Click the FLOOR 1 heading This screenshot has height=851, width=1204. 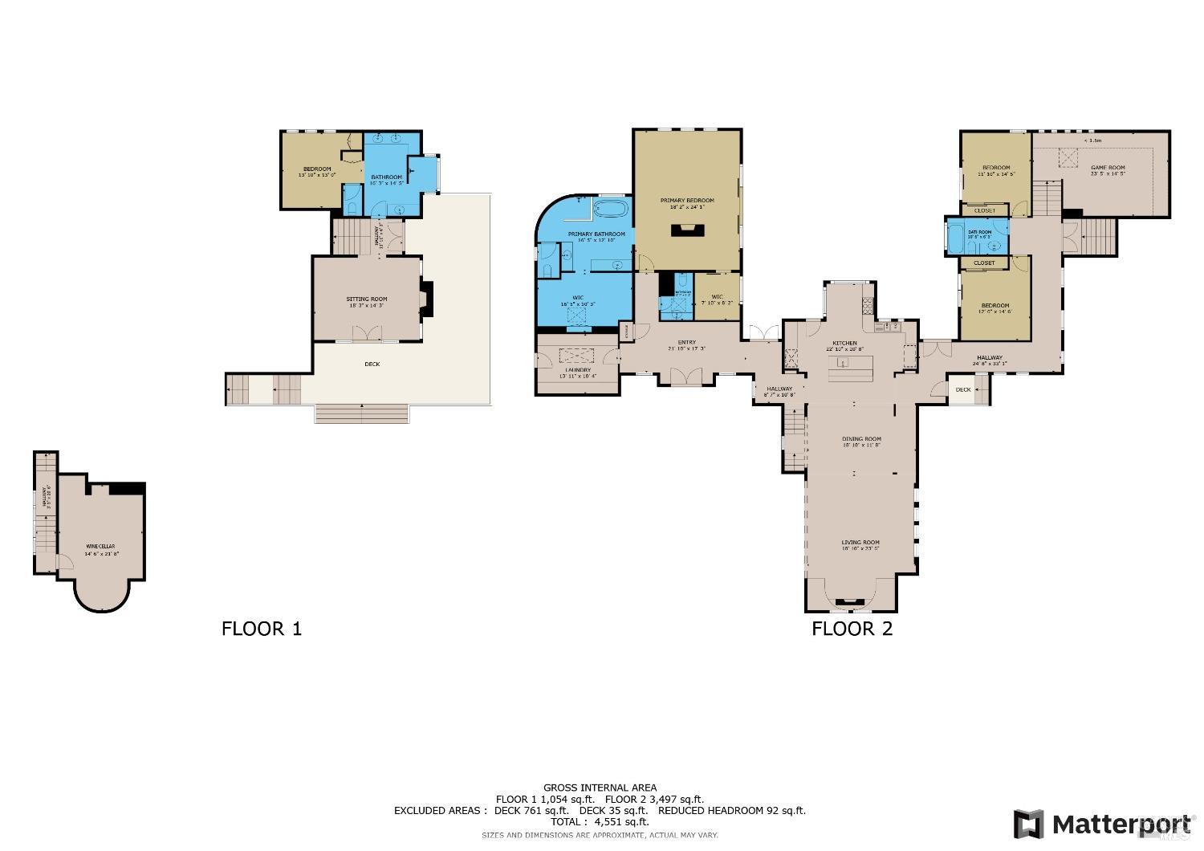[261, 628]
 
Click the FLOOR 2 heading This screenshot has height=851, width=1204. [852, 628]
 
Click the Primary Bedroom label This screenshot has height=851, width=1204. [686, 201]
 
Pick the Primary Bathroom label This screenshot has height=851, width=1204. [596, 234]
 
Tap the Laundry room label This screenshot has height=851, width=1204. [577, 370]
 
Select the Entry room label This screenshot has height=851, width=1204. [686, 343]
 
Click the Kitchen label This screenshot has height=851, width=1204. [844, 344]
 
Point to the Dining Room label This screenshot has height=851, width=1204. [860, 439]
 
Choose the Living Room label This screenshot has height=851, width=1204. [860, 543]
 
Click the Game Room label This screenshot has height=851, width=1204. [1107, 168]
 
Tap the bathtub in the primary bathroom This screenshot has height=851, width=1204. [613, 210]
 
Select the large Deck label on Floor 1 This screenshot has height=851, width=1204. [372, 364]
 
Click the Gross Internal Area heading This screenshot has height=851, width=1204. [600, 788]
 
